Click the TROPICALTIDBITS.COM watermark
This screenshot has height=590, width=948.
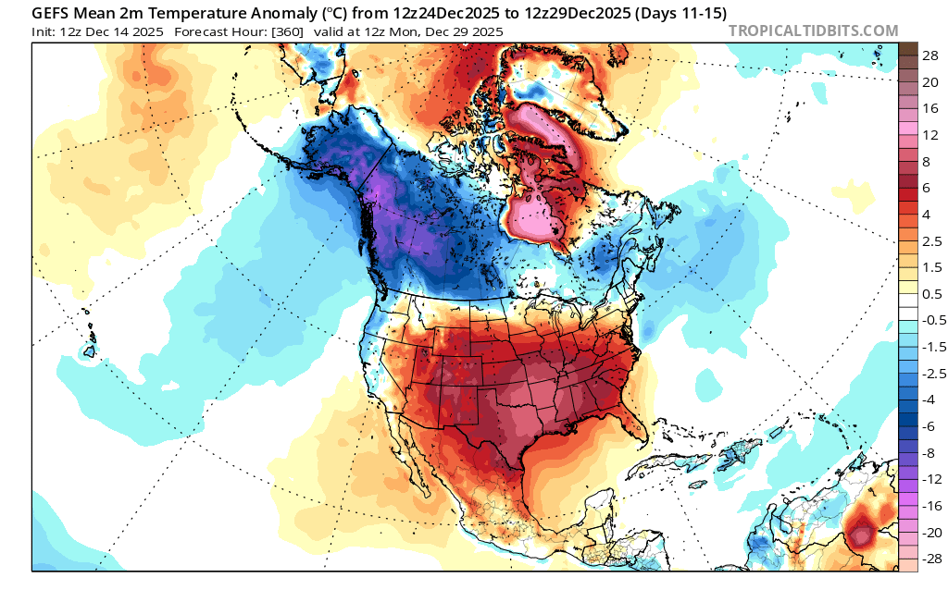point(813,31)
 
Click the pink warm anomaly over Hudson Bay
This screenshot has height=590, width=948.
point(537,217)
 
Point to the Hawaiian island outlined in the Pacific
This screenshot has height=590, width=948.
point(91,350)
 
